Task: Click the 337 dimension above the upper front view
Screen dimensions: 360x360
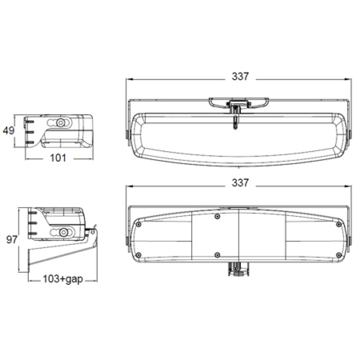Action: (240, 77)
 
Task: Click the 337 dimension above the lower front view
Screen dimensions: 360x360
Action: (240, 183)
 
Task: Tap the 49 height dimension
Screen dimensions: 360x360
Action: (9, 131)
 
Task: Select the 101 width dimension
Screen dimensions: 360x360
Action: (58, 157)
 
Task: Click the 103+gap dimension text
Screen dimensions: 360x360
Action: (63, 279)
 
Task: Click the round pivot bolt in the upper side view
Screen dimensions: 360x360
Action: (59, 122)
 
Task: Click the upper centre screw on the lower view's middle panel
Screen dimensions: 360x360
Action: (218, 217)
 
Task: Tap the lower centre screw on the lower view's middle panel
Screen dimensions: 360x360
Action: (218, 255)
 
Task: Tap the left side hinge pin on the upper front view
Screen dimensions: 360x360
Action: (127, 135)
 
